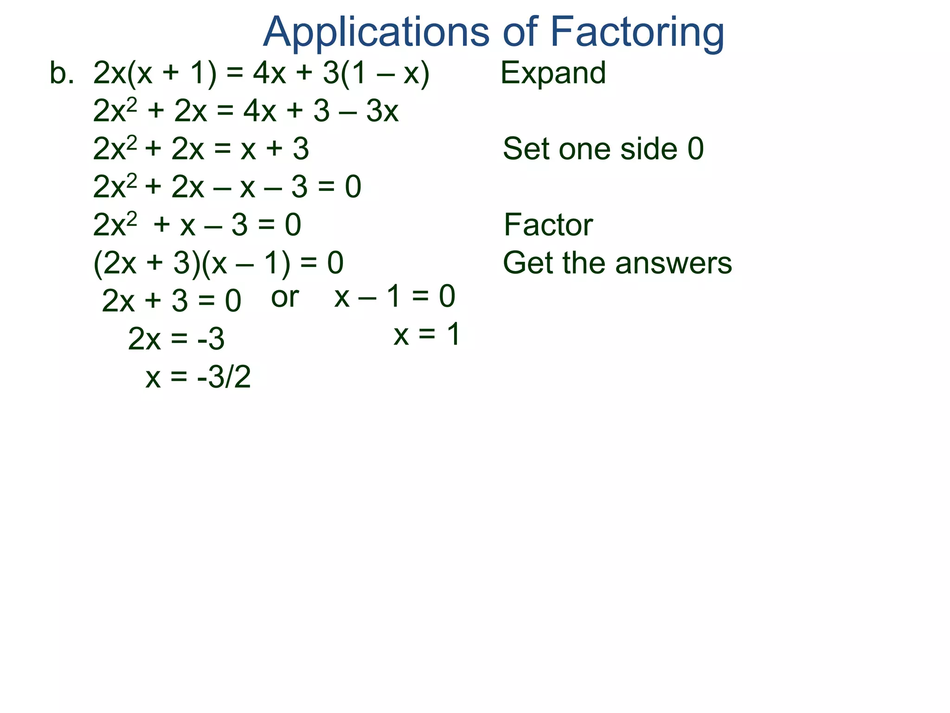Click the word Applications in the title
[x=376, y=32]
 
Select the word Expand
[x=553, y=73]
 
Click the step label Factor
[x=548, y=225]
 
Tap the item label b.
[x=62, y=73]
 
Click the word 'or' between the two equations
[x=284, y=297]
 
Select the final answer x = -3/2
[x=198, y=376]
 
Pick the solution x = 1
[x=427, y=334]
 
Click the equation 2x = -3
[x=176, y=339]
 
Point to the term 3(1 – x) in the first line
[x=376, y=73]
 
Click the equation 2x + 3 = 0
[x=171, y=301]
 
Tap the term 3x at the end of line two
[x=382, y=111]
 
